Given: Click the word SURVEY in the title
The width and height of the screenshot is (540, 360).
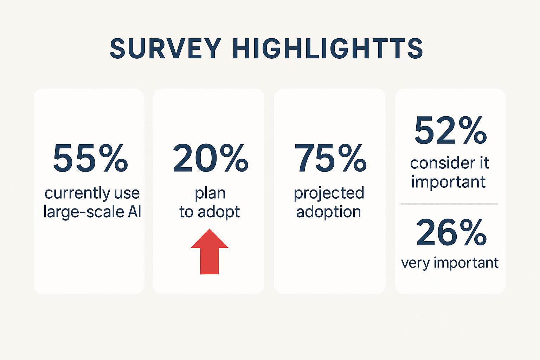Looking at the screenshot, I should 165,49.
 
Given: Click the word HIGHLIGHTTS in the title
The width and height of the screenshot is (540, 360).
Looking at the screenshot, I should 327,49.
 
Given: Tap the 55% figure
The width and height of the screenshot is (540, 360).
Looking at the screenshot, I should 90,158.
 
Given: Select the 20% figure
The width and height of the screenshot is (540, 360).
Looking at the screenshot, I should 210,158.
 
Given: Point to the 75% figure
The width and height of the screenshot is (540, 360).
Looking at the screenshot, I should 330,158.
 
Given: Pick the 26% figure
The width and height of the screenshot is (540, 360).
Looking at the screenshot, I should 451,232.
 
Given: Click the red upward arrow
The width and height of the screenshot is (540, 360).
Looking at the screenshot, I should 210,252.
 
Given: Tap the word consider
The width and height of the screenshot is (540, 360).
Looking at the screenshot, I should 438,163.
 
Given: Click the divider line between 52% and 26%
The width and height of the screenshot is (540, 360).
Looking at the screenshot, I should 449,204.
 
